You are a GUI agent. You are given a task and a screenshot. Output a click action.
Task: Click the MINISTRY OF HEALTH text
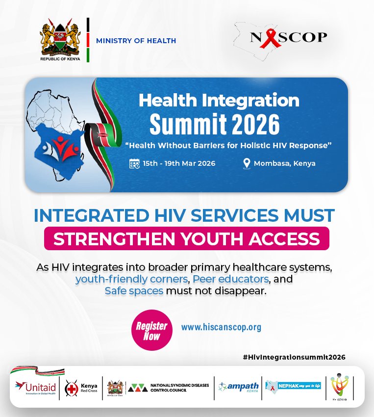pos(136,41)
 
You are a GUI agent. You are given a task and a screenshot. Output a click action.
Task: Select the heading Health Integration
pos(219,101)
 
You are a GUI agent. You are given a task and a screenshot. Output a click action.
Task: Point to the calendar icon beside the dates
pos(134,163)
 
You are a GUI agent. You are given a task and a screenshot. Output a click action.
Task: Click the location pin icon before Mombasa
pos(247,163)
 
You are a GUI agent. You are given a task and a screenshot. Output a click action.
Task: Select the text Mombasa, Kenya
pos(284,163)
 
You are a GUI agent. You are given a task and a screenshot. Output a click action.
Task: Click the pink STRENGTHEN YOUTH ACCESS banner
pos(186,239)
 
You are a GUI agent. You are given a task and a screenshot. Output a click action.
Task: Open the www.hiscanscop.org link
pos(221,327)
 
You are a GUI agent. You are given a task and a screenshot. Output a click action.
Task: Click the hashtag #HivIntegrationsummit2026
pos(294,357)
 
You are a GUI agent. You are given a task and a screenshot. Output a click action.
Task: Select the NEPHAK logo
pos(293,386)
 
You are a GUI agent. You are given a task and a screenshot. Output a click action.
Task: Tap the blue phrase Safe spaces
pos(134,291)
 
